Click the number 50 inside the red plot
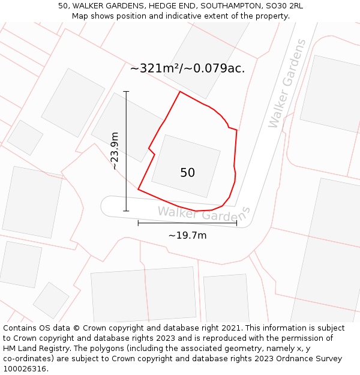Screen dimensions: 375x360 coord(187,173)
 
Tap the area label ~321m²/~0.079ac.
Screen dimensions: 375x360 coord(187,68)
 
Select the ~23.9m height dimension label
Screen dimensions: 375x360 coord(115,151)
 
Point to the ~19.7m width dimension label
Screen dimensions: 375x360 coord(187,235)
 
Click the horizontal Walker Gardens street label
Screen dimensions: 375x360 coord(203,213)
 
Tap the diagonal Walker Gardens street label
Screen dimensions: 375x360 coord(287,83)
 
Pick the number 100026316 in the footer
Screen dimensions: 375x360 coord(25,369)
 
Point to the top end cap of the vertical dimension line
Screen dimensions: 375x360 coord(126,91)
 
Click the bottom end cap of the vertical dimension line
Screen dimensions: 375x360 coord(126,211)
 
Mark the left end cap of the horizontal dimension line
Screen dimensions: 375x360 coord(138,223)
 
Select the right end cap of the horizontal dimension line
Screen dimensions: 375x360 coord(237,223)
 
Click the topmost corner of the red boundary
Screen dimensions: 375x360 coord(180,92)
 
